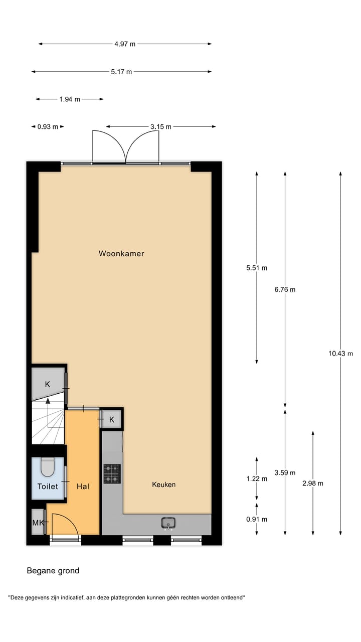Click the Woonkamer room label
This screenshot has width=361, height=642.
(x=121, y=254)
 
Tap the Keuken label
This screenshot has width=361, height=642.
(x=164, y=485)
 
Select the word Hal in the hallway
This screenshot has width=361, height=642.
(x=83, y=486)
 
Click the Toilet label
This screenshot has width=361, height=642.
(x=48, y=486)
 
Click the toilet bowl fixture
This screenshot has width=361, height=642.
(x=48, y=467)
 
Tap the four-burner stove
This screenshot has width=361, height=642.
(x=112, y=473)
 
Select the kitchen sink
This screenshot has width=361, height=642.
(x=169, y=523)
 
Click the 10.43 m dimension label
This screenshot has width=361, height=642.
(x=341, y=353)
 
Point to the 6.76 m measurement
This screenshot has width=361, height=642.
(x=285, y=289)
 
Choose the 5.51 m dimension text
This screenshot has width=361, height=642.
(x=257, y=268)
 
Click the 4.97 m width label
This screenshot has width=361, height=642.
(x=125, y=44)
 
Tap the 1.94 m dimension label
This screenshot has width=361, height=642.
(x=70, y=99)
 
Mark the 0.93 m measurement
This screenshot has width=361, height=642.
(x=48, y=127)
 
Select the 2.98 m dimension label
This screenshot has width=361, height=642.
(x=313, y=484)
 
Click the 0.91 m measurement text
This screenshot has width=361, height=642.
(x=257, y=519)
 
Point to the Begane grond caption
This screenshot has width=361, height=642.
(x=53, y=571)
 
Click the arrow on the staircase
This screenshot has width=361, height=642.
(x=48, y=401)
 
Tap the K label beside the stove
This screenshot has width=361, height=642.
(x=112, y=419)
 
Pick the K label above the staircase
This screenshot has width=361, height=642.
(x=48, y=385)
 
